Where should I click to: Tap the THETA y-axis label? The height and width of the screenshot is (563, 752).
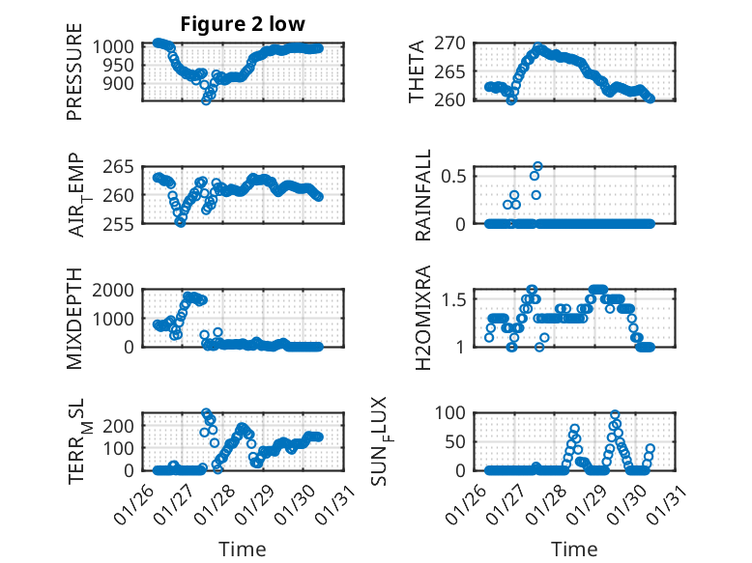[417, 71]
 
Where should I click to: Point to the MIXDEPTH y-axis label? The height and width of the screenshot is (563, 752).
[74, 320]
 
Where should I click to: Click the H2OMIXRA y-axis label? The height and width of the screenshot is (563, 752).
[422, 319]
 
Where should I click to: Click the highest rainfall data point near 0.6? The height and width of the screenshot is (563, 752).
[538, 166]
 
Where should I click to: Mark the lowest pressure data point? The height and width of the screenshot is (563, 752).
[205, 100]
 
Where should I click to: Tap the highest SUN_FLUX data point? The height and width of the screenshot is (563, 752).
[615, 415]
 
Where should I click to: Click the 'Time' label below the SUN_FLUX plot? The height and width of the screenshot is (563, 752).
[574, 549]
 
